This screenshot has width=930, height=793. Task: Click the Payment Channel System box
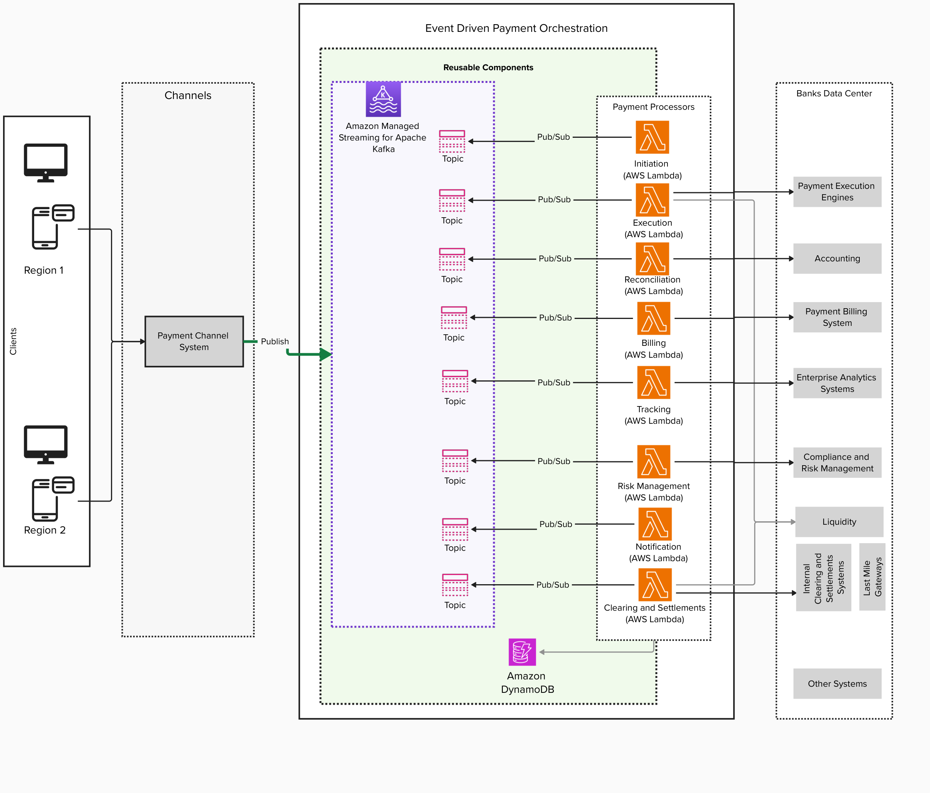[x=194, y=342]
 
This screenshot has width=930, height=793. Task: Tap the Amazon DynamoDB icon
[x=522, y=652]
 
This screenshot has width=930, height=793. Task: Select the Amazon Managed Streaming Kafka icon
[x=383, y=99]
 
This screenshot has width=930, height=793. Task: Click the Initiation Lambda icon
[x=652, y=137]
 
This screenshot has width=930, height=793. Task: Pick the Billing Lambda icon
[x=654, y=318]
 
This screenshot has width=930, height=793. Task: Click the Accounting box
[x=837, y=258]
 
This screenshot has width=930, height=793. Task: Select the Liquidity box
[x=839, y=522]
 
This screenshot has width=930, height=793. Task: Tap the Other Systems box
[x=837, y=684]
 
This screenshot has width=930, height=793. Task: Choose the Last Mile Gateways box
[x=872, y=577]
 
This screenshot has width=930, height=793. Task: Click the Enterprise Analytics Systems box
[x=837, y=383]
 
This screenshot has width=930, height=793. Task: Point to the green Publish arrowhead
[x=326, y=355]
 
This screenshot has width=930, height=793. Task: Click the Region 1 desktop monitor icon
[x=46, y=162]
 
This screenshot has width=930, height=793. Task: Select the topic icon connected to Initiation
[x=452, y=141]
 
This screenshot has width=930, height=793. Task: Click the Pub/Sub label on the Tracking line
[x=553, y=382]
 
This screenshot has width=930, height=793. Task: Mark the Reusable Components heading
[x=488, y=67]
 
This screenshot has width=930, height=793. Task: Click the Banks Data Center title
[x=834, y=93]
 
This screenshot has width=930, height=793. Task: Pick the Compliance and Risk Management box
[x=837, y=463]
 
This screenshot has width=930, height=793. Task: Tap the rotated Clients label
[x=13, y=342]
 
